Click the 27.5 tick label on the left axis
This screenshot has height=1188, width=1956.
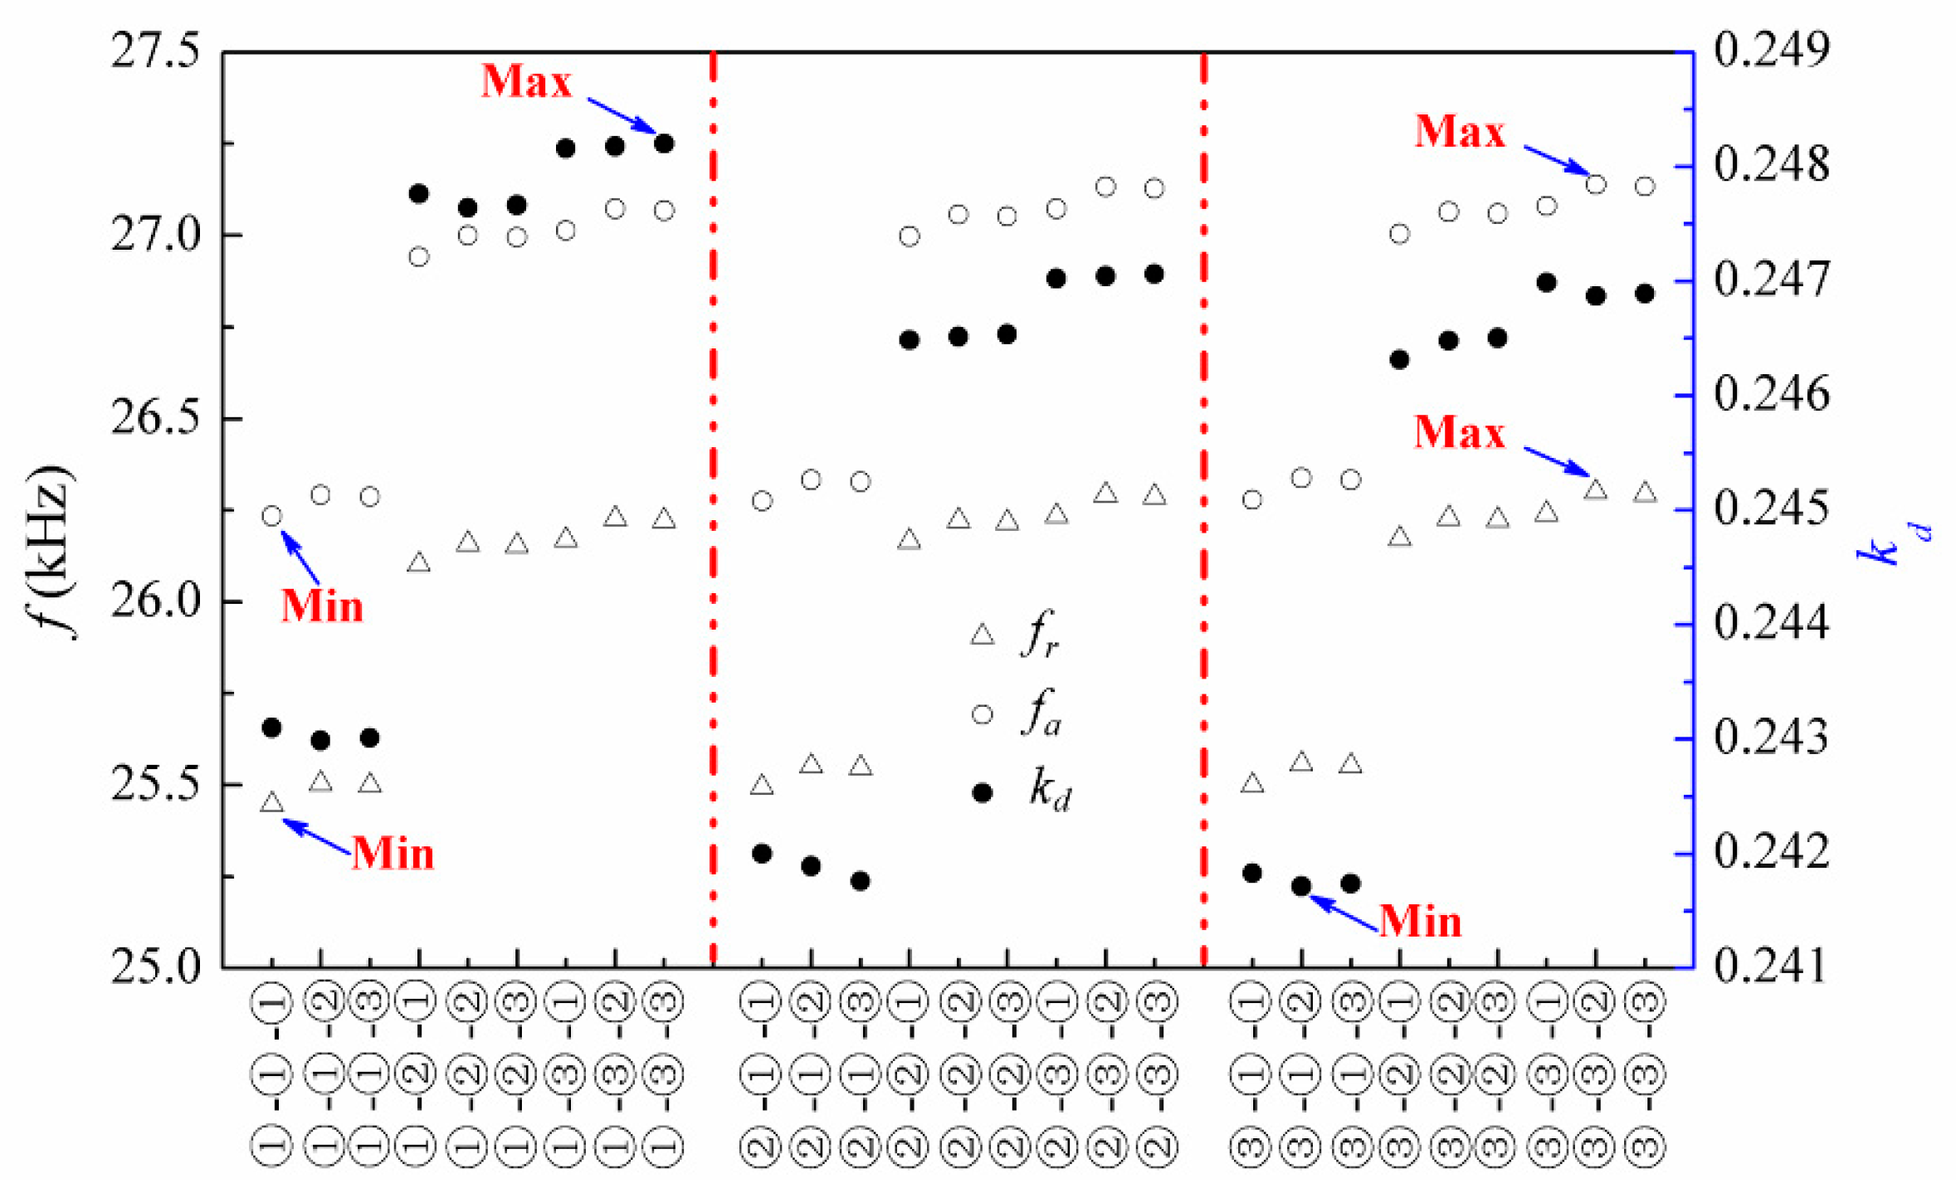156,51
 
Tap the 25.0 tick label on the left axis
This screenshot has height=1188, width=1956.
156,966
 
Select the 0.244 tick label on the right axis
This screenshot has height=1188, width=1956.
1771,623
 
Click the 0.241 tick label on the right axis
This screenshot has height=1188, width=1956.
1771,966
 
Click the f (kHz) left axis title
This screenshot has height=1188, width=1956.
51,552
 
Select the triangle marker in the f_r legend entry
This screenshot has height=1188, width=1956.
983,635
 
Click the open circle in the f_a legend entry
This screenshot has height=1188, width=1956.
983,714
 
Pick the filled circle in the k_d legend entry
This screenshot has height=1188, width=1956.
983,793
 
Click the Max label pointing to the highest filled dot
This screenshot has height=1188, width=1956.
526,81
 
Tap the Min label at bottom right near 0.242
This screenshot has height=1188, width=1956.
1420,922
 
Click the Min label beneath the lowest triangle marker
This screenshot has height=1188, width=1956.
393,854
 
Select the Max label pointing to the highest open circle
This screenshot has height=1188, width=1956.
1459,132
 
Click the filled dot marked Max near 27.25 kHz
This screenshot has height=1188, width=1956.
664,144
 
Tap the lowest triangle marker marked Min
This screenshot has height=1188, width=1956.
271,802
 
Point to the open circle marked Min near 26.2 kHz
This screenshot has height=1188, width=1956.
271,516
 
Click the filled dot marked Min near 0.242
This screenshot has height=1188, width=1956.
1301,886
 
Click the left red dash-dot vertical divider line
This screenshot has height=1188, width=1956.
714,498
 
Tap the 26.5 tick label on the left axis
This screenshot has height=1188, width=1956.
156,419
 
